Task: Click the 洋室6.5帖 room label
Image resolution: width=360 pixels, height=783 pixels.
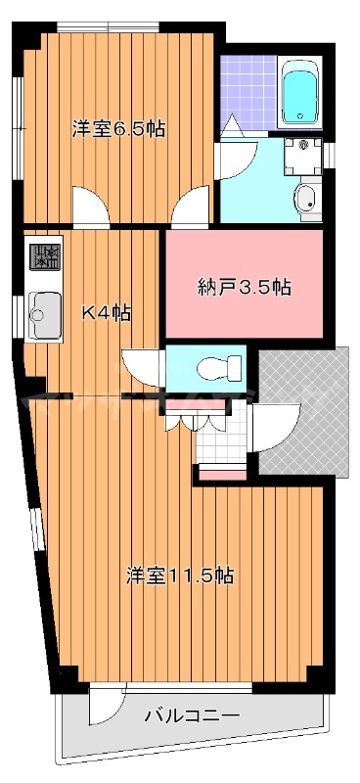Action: tap(116, 128)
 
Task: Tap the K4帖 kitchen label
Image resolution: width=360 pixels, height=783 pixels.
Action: tap(106, 314)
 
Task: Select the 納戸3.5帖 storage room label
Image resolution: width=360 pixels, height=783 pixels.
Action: tap(244, 287)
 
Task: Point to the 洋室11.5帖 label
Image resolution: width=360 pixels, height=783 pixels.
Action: tap(179, 576)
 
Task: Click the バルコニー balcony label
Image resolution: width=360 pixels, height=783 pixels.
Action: tap(192, 715)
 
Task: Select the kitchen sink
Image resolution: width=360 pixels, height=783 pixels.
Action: tap(43, 314)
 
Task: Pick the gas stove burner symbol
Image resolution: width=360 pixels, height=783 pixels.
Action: tap(45, 257)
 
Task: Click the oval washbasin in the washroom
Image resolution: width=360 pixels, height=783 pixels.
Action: tap(307, 198)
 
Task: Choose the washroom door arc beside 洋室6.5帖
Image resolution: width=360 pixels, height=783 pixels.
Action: tap(236, 157)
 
